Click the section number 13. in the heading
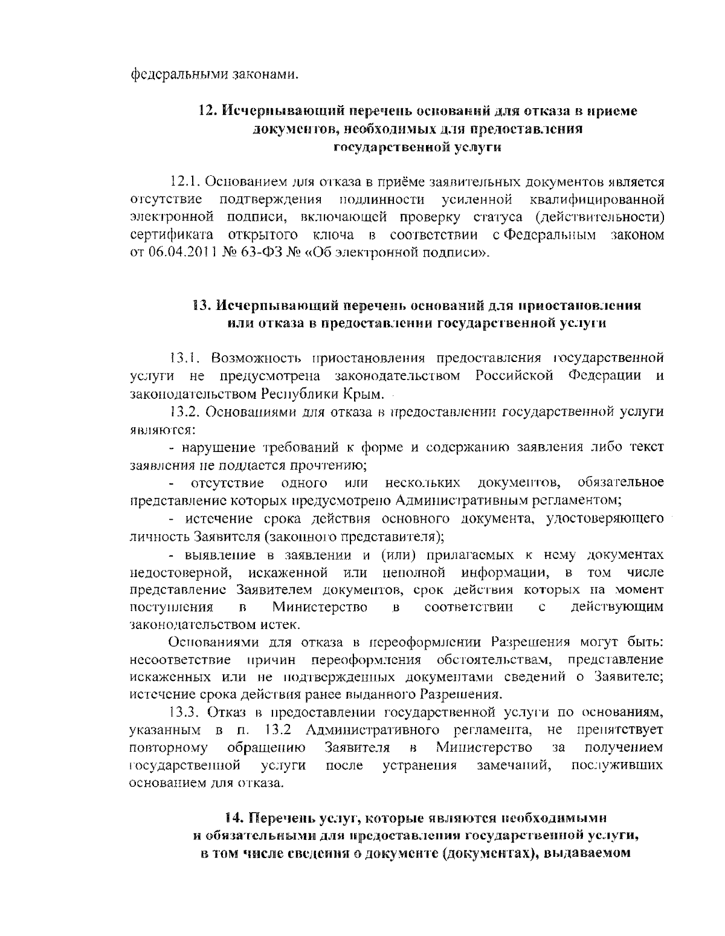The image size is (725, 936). (x=202, y=306)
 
